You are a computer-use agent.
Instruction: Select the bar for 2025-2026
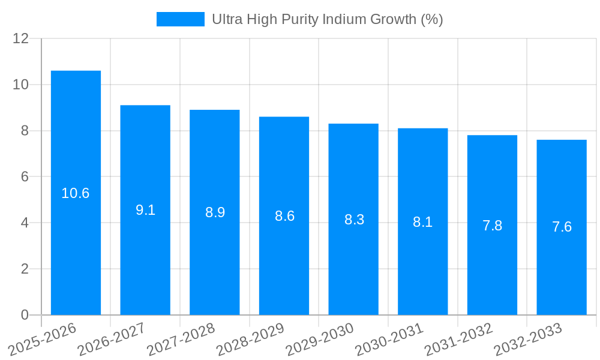click(x=76, y=193)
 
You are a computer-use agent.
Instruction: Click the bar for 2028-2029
click(x=284, y=215)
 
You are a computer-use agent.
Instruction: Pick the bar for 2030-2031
click(x=422, y=221)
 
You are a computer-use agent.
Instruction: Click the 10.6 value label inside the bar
click(x=76, y=193)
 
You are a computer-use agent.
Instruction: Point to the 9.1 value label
click(x=145, y=210)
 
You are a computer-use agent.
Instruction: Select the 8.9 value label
click(x=215, y=212)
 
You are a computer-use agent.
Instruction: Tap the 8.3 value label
click(x=354, y=220)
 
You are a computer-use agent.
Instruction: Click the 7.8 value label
click(x=492, y=226)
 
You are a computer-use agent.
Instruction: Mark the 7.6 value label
click(x=562, y=227)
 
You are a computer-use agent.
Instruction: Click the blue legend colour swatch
click(x=180, y=19)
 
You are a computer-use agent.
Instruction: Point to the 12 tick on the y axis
click(x=21, y=38)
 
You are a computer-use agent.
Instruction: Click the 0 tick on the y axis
click(x=25, y=315)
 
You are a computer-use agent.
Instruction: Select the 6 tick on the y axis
click(x=25, y=177)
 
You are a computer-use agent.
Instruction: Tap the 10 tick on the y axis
click(x=21, y=85)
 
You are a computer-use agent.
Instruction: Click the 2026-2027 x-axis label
click(x=112, y=340)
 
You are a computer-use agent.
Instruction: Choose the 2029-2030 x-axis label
click(x=320, y=340)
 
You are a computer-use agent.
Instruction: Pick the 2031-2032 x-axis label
click(x=459, y=340)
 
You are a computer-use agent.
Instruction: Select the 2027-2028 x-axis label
click(x=181, y=340)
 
